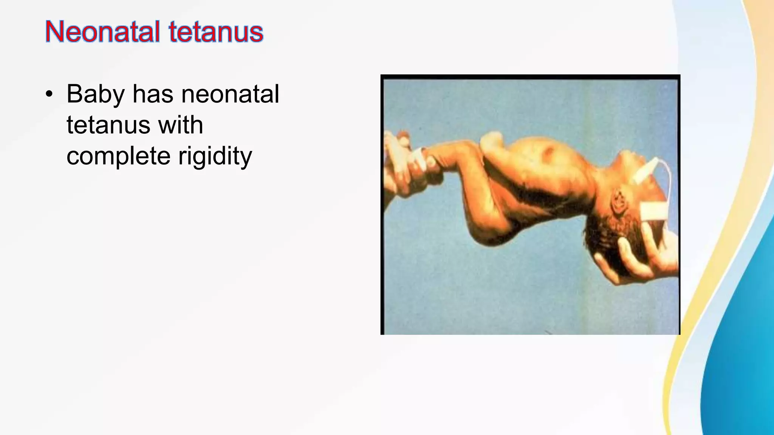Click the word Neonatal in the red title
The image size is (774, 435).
tap(102, 32)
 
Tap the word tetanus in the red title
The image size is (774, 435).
tap(216, 32)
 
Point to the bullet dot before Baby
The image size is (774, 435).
tap(49, 94)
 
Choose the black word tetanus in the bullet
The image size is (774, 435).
tap(108, 125)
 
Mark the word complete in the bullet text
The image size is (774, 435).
tap(118, 156)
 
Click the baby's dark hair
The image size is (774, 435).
tap(605, 234)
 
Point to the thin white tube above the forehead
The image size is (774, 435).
tap(669, 177)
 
